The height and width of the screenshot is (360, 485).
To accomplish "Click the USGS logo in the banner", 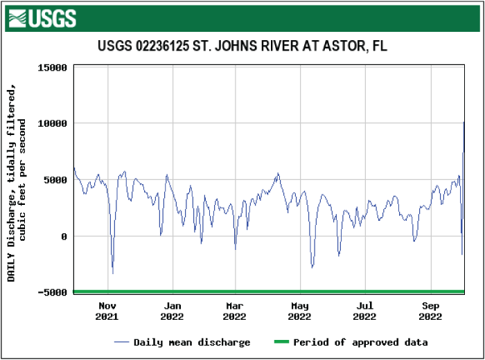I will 42,18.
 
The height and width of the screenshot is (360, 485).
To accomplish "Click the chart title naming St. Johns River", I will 242,46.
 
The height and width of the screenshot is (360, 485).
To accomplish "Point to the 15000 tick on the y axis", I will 52,67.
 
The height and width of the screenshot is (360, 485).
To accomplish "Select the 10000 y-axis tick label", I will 52,123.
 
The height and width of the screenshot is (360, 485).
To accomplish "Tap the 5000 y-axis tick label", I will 55,180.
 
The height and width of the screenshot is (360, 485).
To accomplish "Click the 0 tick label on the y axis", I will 63,236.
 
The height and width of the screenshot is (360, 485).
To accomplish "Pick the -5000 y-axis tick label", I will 52,292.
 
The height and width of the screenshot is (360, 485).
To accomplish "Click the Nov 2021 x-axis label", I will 107,311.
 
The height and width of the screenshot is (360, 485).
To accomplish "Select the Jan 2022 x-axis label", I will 172,311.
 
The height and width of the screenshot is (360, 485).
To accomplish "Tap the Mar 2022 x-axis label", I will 235,311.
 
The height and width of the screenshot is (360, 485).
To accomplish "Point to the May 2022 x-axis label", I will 300,311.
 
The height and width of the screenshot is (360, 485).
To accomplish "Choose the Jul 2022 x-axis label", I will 365,311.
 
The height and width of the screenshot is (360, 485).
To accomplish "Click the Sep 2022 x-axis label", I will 430,311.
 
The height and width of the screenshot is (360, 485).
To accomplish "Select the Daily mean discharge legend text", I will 192,342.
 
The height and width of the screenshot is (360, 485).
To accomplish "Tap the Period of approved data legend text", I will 360,342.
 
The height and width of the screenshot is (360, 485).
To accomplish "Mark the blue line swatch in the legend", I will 122,342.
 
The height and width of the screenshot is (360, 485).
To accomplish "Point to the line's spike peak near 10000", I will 464,123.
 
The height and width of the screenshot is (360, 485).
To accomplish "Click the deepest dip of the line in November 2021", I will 113,273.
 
